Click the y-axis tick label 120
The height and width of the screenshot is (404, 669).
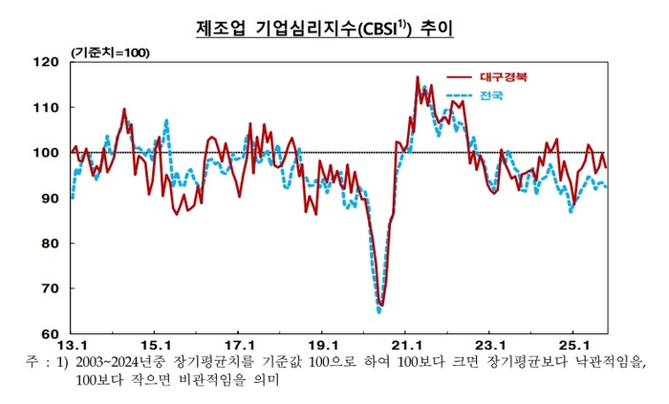pos(46,62)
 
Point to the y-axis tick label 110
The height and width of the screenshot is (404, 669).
pos(46,108)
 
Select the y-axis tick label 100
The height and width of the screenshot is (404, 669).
pos(46,153)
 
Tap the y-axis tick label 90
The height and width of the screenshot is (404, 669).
pos(50,199)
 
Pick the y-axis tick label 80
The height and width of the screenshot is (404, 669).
pos(50,244)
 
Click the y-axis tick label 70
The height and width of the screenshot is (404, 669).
pos(50,288)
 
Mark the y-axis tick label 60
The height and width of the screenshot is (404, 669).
pos(50,334)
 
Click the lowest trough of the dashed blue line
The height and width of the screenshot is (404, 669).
pos(379,310)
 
